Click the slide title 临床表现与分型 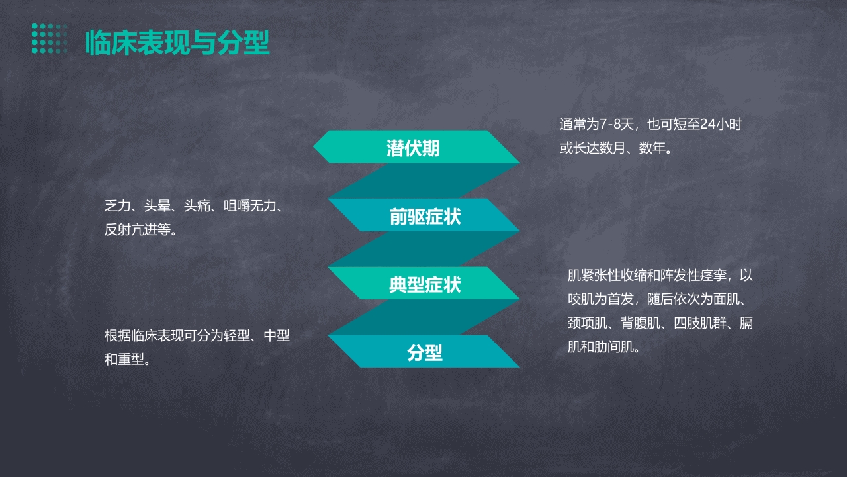pyautogui.click(x=177, y=43)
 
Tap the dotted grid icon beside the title pyautogui.click(x=50, y=38)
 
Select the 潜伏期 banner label pyautogui.click(x=413, y=148)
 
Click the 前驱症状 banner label pyautogui.click(x=425, y=217)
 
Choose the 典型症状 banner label pyautogui.click(x=425, y=285)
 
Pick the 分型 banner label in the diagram pyautogui.click(x=425, y=353)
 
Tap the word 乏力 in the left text pyautogui.click(x=118, y=206)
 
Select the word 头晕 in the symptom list pyautogui.click(x=157, y=206)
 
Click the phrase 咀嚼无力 pyautogui.click(x=250, y=206)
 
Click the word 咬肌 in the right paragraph pyautogui.click(x=581, y=299)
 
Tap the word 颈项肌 pyautogui.click(x=587, y=323)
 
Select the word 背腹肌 pyautogui.click(x=641, y=323)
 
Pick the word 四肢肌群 pyautogui.click(x=700, y=323)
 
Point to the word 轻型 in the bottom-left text pyautogui.click(x=237, y=335)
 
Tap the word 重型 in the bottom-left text pyautogui.click(x=131, y=359)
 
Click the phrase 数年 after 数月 pyautogui.click(x=652, y=148)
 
